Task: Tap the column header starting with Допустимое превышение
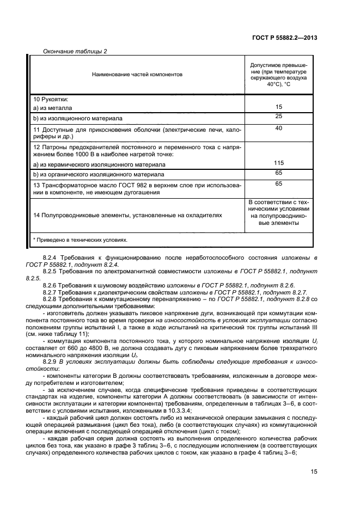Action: pos(278,73)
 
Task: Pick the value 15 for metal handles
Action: pos(278,107)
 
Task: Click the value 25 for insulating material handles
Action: pos(278,116)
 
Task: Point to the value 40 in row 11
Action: pos(278,128)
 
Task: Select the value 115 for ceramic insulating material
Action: pos(278,163)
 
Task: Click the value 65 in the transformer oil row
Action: pos(278,184)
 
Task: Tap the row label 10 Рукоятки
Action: pos(53,99)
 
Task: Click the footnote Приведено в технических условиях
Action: pos(81,240)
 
